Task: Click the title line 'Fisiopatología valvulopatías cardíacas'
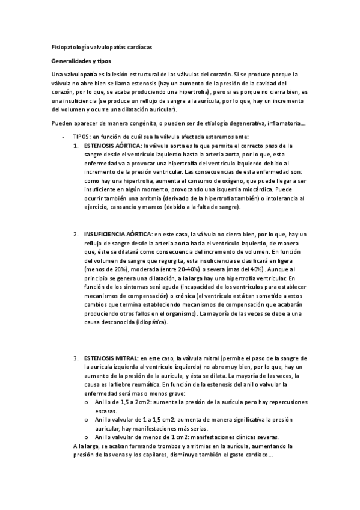102,47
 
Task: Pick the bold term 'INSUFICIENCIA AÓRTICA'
117,233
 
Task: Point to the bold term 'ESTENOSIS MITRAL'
111,358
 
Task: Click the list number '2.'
76,233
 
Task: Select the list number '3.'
76,358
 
